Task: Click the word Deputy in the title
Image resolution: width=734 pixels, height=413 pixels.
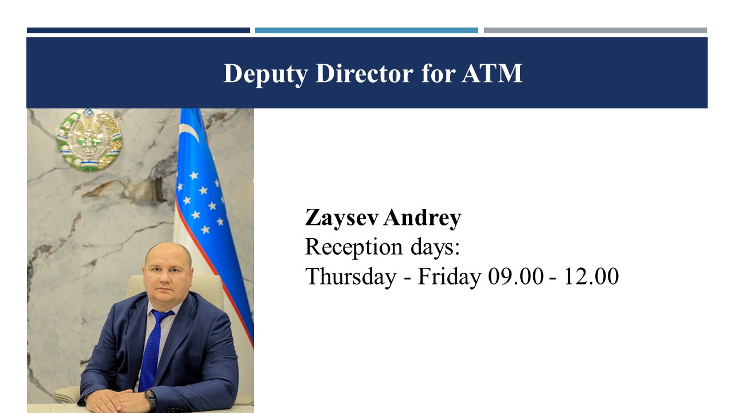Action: click(x=266, y=74)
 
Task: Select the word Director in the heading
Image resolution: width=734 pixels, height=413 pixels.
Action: click(x=364, y=73)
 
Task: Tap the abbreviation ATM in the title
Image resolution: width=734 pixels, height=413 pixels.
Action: click(x=492, y=73)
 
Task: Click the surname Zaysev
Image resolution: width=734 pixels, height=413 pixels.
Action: click(x=342, y=217)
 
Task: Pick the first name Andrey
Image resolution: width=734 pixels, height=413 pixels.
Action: click(x=423, y=217)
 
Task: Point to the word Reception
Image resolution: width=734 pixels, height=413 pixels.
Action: click(x=354, y=247)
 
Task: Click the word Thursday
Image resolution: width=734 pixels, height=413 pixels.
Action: click(x=350, y=276)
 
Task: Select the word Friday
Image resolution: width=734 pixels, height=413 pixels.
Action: click(x=450, y=276)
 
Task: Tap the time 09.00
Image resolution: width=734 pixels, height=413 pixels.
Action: click(x=516, y=276)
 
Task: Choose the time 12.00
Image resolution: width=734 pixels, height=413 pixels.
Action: click(x=591, y=276)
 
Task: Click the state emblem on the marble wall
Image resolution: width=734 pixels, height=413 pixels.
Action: click(x=89, y=140)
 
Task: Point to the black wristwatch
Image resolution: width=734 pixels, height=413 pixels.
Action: click(x=151, y=398)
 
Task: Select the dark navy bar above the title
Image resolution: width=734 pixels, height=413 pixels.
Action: click(x=138, y=30)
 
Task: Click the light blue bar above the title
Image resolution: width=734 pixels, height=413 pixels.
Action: click(x=366, y=30)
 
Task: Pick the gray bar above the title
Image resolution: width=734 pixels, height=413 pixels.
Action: click(x=595, y=30)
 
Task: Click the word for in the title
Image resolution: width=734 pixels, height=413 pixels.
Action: click(x=438, y=73)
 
